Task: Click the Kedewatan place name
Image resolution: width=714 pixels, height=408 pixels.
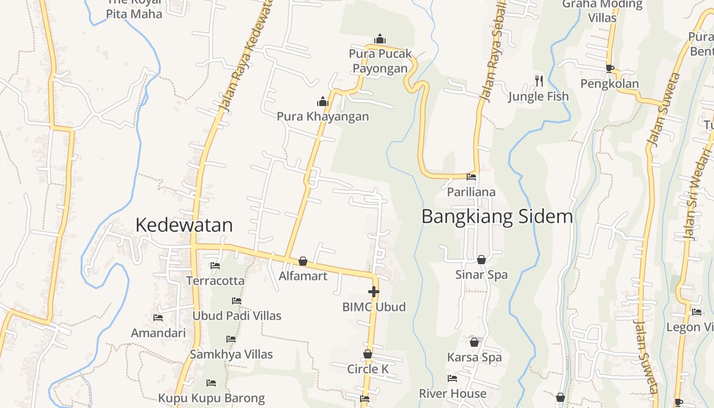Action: (x=184, y=225)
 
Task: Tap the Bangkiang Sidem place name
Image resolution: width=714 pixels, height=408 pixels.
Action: (x=497, y=217)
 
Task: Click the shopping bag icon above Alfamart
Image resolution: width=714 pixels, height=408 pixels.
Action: (x=303, y=261)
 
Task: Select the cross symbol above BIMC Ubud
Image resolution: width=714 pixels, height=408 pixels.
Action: (x=374, y=292)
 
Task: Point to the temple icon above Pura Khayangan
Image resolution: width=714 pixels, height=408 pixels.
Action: (x=322, y=102)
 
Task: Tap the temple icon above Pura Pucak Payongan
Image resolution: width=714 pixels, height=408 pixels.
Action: (x=380, y=39)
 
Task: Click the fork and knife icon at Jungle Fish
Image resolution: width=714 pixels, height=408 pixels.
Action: (x=539, y=81)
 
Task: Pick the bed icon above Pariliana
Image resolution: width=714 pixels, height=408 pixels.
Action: (x=471, y=177)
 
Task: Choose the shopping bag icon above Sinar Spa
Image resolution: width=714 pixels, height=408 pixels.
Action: (x=481, y=260)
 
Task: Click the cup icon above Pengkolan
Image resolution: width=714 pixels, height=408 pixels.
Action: (x=609, y=68)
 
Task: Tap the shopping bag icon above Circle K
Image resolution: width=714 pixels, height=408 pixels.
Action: (x=368, y=354)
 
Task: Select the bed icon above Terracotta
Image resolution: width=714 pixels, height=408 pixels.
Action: (x=215, y=266)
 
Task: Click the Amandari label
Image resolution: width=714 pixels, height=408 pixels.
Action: (x=158, y=333)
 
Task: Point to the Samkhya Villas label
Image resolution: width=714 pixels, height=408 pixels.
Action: (x=231, y=354)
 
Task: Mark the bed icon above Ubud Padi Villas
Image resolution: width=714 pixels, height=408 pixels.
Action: (x=237, y=301)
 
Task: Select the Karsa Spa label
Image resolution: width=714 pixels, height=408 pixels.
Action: (x=474, y=358)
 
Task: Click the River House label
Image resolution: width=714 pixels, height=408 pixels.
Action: (x=452, y=394)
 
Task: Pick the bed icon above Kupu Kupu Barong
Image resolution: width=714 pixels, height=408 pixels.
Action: (x=211, y=383)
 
